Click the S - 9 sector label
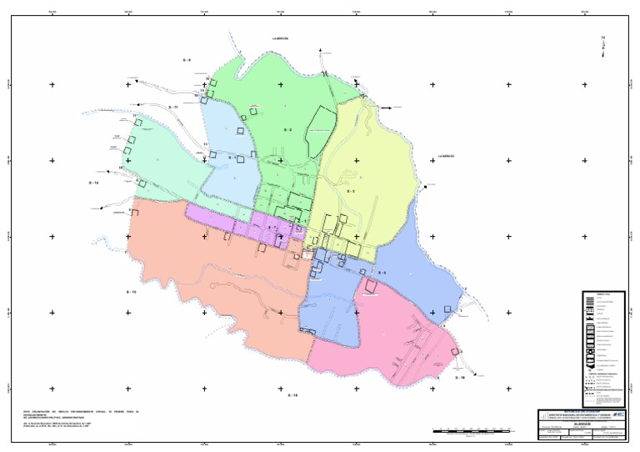[187, 61]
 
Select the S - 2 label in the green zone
[287, 130]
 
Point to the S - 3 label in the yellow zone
[351, 191]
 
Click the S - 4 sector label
[382, 273]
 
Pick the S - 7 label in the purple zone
[272, 227]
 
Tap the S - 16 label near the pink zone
[459, 378]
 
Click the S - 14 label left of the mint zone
[93, 182]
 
